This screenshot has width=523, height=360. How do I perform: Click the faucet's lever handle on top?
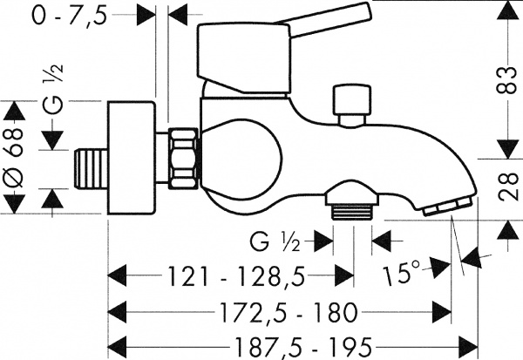pos(261,44)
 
